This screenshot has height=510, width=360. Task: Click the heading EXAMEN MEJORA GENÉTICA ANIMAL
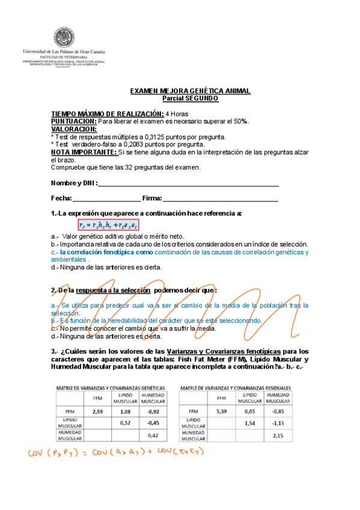coord(191,91)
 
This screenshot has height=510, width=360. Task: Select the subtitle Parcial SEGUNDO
coord(191,97)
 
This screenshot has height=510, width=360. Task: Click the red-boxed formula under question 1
coord(109,225)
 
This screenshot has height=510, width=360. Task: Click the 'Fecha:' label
coord(61,198)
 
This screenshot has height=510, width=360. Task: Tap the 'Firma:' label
coord(152,198)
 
